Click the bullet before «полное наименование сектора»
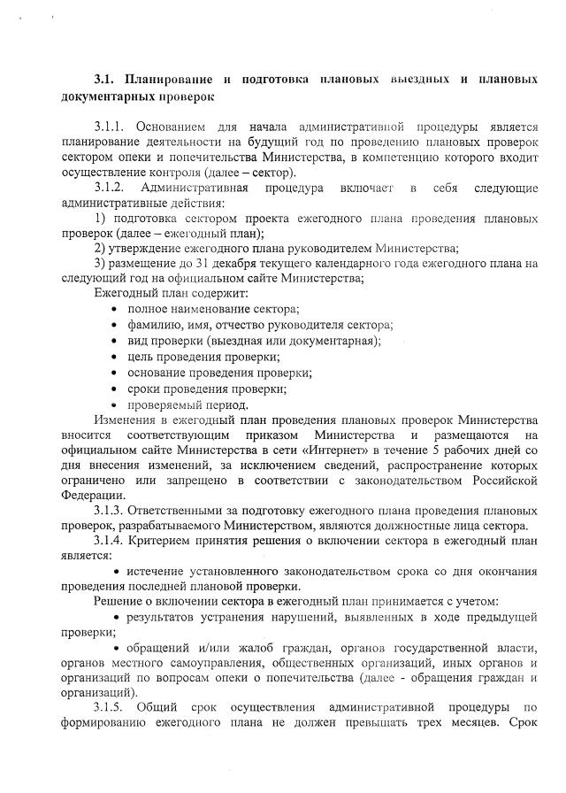(x=117, y=309)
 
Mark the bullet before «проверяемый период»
(x=117, y=404)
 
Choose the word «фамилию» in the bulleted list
(x=153, y=325)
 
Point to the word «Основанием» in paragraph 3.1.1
(x=175, y=127)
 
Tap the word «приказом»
(x=273, y=435)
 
